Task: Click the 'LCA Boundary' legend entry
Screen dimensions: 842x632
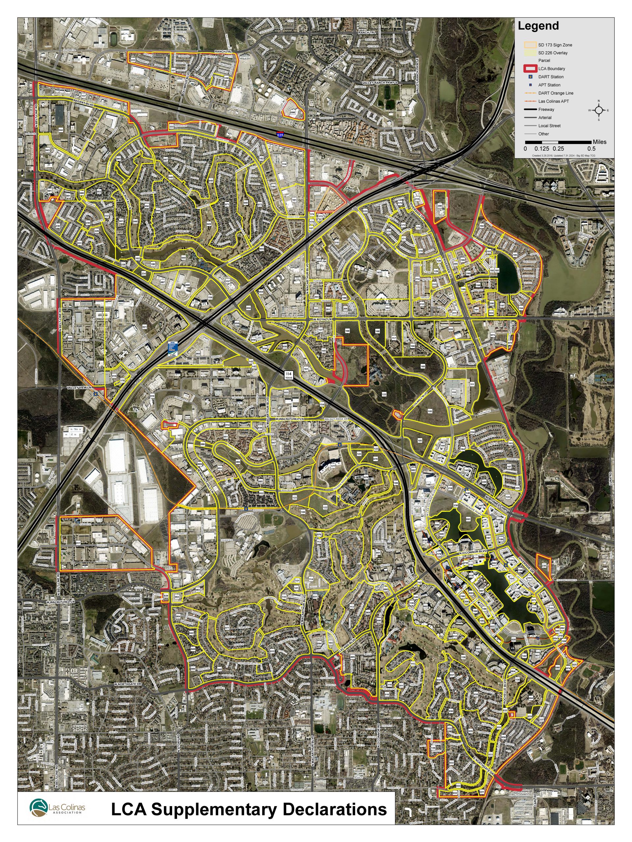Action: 551,68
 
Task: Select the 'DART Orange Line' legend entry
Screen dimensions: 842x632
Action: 555,93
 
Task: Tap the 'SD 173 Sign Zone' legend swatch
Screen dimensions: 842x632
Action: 530,45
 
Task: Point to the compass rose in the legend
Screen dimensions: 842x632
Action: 598,110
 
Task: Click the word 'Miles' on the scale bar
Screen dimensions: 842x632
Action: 599,142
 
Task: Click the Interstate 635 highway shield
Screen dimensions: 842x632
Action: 280,135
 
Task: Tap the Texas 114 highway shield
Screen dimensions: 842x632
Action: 288,375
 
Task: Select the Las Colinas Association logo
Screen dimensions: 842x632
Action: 57,808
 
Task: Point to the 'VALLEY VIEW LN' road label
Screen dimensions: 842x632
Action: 79,387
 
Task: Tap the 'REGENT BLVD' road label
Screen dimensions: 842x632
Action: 83,102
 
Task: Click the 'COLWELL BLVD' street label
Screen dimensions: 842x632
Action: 420,398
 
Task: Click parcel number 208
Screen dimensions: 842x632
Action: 440,206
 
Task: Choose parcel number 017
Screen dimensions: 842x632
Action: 78,543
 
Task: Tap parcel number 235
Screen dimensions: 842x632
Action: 544,566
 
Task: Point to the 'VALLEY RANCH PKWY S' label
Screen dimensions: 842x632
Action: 380,83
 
